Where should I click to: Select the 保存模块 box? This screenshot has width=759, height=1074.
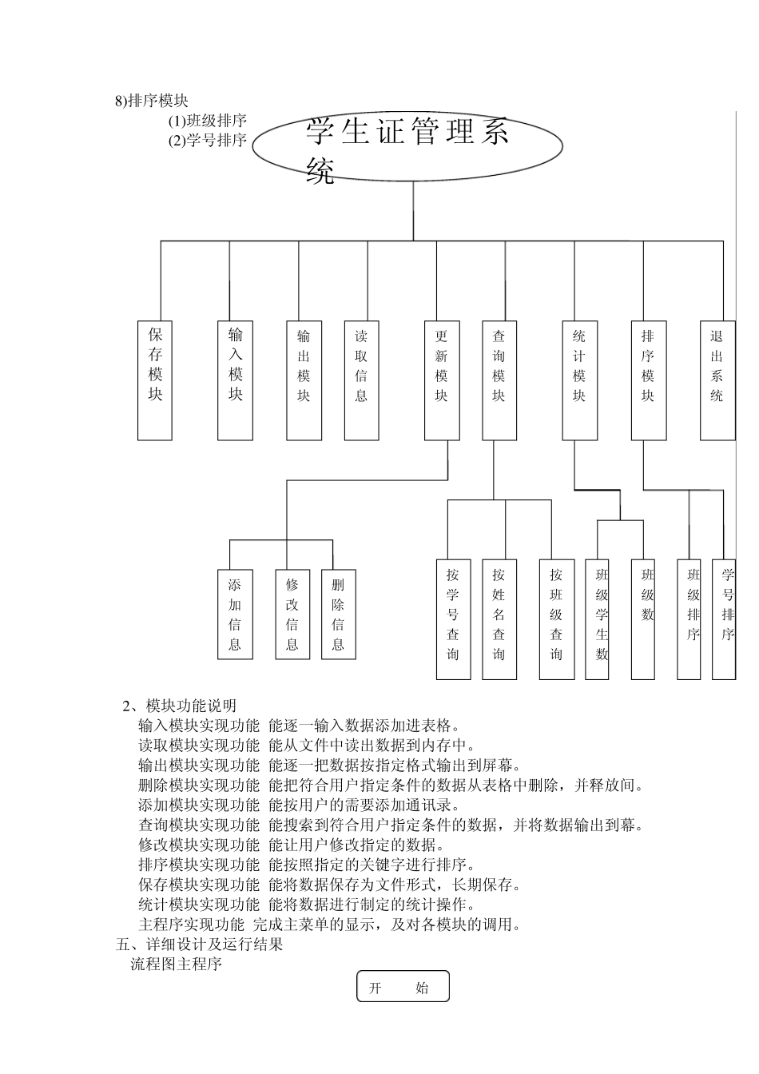click(x=155, y=380)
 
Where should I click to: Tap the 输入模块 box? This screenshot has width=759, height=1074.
click(x=235, y=380)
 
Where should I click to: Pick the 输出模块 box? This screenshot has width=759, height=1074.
click(x=304, y=380)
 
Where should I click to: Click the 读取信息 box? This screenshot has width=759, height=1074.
click(x=361, y=380)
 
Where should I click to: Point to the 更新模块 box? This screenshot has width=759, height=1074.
click(x=442, y=380)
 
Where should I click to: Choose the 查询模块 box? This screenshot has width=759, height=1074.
click(x=499, y=380)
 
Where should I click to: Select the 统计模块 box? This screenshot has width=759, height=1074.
click(x=579, y=380)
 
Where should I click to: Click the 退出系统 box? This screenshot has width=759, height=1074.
click(x=717, y=380)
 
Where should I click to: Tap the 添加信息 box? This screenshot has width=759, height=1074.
click(x=235, y=614)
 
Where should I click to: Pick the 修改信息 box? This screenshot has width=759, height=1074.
click(x=292, y=614)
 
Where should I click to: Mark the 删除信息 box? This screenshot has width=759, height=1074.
click(x=338, y=614)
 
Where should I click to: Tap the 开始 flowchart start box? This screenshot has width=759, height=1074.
click(x=403, y=986)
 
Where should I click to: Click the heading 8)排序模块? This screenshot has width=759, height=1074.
click(x=152, y=101)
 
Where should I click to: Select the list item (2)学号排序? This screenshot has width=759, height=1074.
click(x=207, y=141)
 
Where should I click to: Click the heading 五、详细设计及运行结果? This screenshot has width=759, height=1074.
click(x=199, y=945)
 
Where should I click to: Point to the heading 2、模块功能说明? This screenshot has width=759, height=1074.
click(x=179, y=706)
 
